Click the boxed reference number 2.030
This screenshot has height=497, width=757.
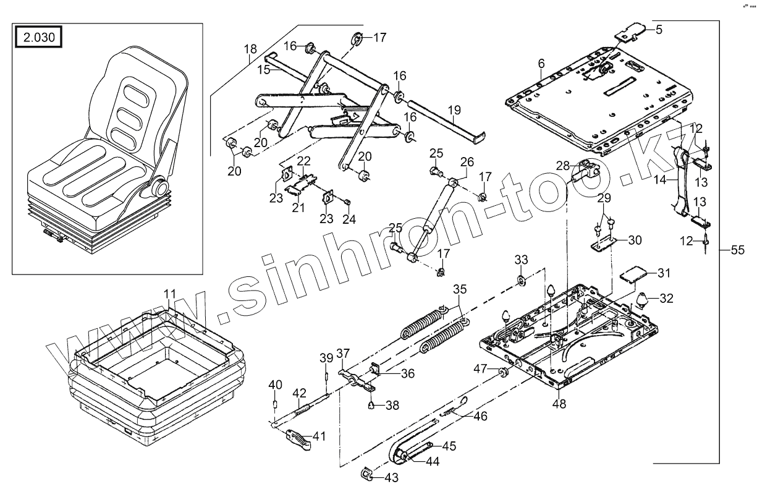point(39,38)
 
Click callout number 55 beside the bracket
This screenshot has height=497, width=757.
point(737,250)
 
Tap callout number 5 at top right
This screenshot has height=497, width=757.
point(659,28)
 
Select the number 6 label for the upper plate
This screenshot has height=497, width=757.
point(541,64)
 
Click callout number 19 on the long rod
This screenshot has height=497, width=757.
point(454,111)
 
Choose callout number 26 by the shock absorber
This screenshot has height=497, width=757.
point(467,163)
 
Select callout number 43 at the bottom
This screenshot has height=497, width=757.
point(391,477)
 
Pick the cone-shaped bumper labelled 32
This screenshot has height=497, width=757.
point(642,300)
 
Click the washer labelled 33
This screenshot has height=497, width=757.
point(522,282)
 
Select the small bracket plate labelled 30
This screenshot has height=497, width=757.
point(602,246)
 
